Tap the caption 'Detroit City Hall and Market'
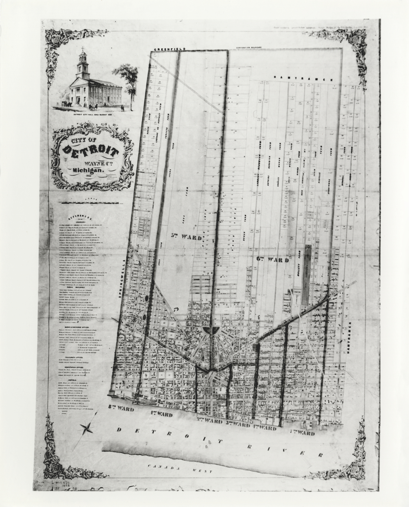93,115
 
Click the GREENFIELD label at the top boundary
169,49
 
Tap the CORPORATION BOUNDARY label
248,48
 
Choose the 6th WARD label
273,259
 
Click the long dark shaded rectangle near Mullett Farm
307,274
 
